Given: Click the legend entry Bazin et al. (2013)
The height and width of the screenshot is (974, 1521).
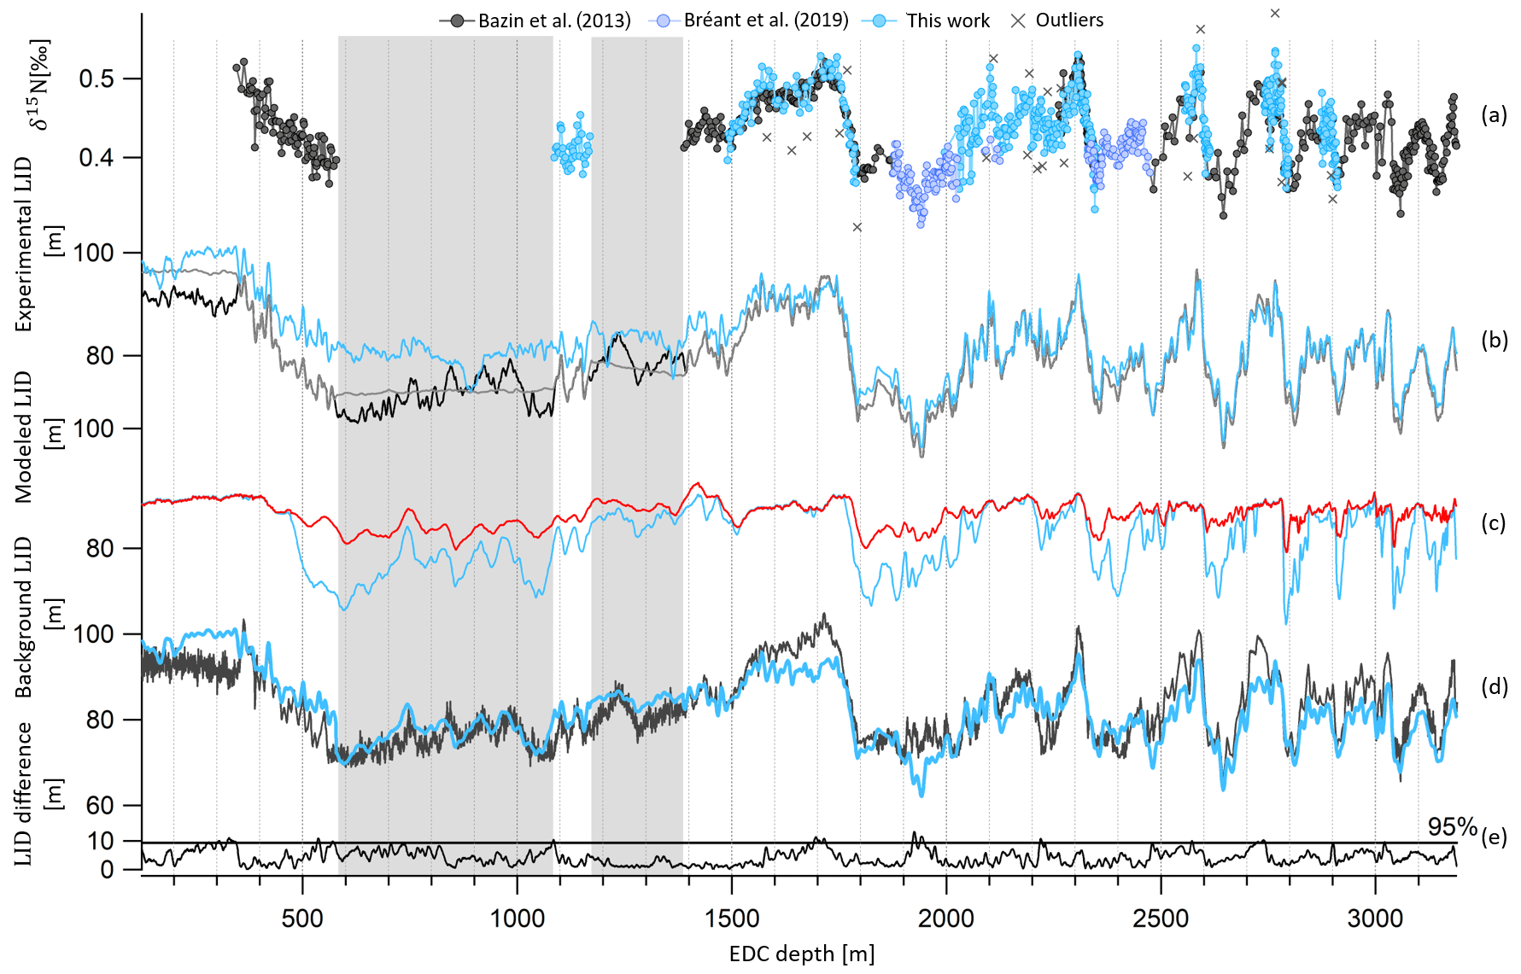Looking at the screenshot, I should pyautogui.click(x=554, y=20).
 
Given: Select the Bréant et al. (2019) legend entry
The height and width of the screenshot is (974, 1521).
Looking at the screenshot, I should pyautogui.click(x=766, y=20).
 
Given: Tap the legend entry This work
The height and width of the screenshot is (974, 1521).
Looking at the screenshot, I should pyautogui.click(x=947, y=20).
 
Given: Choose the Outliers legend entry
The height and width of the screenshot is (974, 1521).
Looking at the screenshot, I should pyautogui.click(x=1069, y=20).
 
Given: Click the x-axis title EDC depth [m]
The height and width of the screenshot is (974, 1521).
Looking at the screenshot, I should pyautogui.click(x=801, y=954).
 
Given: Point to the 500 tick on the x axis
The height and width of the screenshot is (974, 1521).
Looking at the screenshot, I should pyautogui.click(x=302, y=919).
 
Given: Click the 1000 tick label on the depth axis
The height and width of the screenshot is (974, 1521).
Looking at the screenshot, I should pyautogui.click(x=517, y=919).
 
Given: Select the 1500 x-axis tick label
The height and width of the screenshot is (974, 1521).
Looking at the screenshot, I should pyautogui.click(x=732, y=919).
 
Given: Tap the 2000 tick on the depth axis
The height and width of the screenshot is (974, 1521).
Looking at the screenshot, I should pyautogui.click(x=946, y=919).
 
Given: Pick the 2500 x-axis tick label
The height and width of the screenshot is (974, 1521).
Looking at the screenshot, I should pyautogui.click(x=1161, y=919).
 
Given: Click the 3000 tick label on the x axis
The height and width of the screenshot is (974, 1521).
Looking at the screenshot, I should pyautogui.click(x=1375, y=919).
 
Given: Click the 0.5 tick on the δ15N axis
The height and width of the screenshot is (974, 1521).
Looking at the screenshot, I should pyautogui.click(x=97, y=79).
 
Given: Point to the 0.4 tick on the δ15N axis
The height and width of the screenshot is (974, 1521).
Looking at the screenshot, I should pyautogui.click(x=97, y=158).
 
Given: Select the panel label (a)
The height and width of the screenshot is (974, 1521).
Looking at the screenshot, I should pyautogui.click(x=1494, y=114).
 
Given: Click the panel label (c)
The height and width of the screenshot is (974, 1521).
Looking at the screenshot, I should pyautogui.click(x=1494, y=522).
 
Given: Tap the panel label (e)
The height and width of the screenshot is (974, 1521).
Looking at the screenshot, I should pyautogui.click(x=1494, y=837).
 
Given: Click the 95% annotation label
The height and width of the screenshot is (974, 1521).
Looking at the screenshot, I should pyautogui.click(x=1452, y=826).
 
